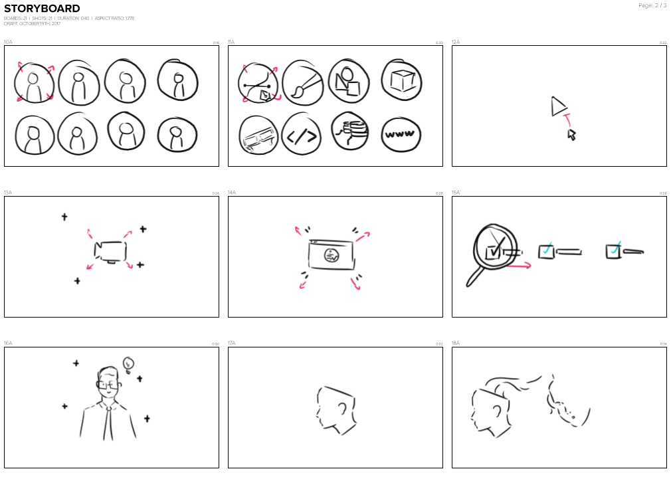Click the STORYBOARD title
(42, 9)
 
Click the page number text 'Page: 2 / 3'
(652, 5)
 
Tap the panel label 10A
(8, 42)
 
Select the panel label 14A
(232, 193)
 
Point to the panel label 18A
(456, 343)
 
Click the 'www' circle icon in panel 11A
(401, 134)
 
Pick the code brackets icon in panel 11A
(301, 136)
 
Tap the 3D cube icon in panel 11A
(401, 81)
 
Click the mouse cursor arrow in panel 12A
(571, 135)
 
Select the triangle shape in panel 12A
(557, 106)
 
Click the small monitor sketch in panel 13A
(110, 251)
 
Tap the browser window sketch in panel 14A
(330, 254)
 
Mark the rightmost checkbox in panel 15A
(613, 251)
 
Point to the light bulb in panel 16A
(129, 363)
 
